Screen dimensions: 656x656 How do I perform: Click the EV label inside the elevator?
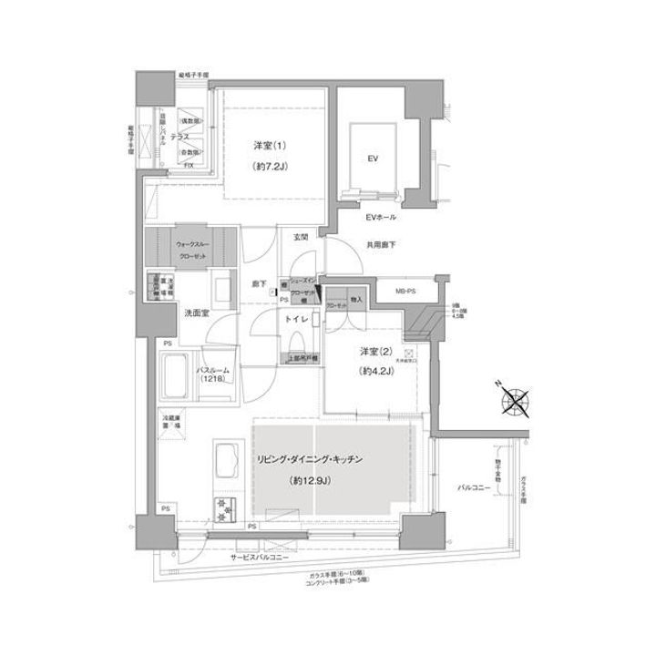[373, 158]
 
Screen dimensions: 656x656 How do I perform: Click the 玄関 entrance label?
[301, 237]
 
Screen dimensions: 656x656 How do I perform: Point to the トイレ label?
[294, 320]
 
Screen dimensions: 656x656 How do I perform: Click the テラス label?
[180, 135]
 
